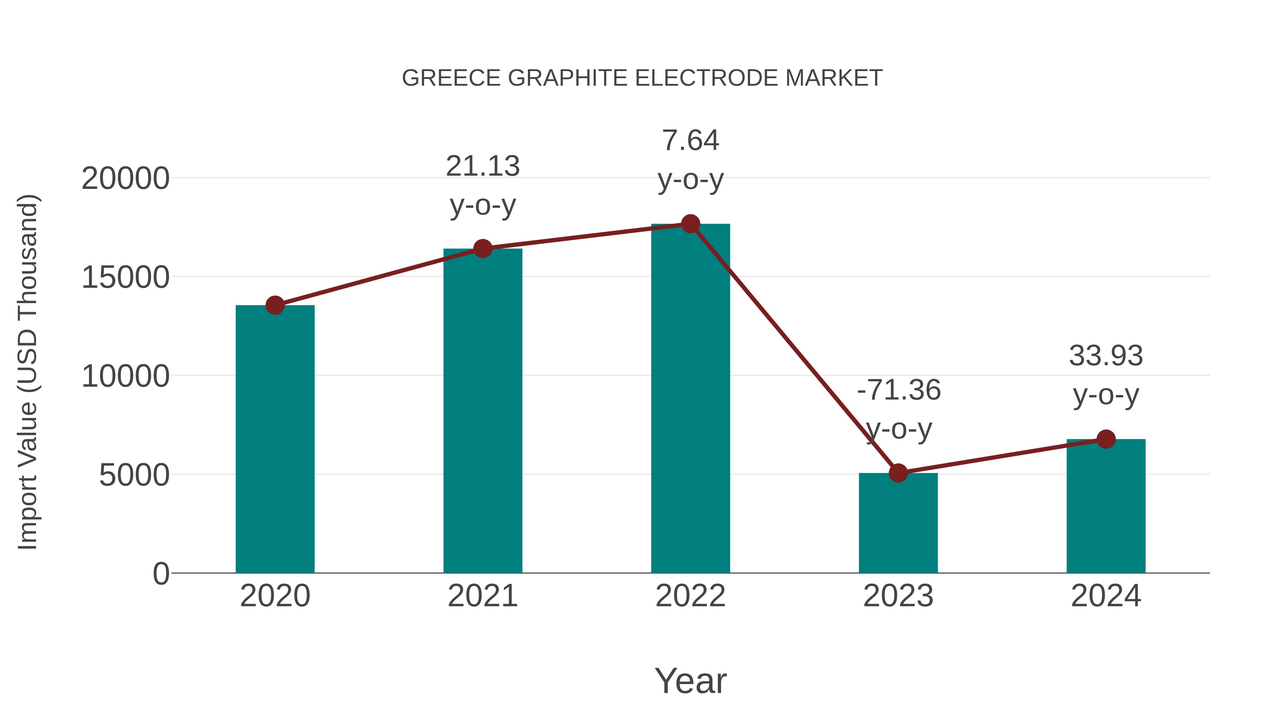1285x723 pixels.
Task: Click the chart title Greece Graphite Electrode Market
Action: [x=642, y=78]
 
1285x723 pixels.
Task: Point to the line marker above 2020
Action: [x=275, y=305]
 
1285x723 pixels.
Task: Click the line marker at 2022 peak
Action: [x=690, y=224]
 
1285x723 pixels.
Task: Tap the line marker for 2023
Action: [x=898, y=472]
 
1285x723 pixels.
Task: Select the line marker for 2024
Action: [x=1106, y=439]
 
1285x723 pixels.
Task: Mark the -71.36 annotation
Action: [x=898, y=409]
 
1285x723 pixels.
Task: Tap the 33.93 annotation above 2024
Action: [x=1106, y=375]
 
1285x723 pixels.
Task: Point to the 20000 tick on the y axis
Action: [x=125, y=179]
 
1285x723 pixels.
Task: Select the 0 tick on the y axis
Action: [x=161, y=574]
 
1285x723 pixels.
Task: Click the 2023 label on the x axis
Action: [x=898, y=596]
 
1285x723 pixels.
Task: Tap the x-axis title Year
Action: [x=690, y=681]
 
